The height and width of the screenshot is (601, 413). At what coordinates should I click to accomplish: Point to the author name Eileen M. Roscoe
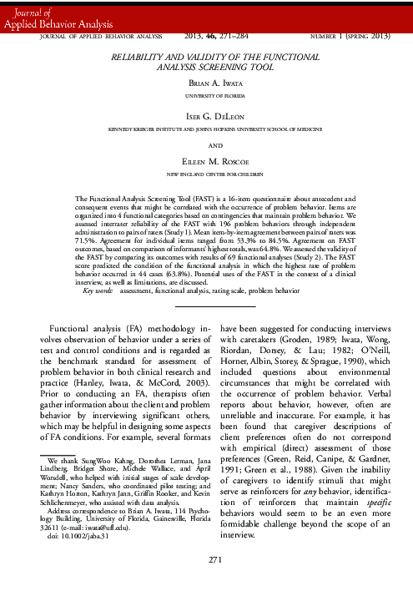pyautogui.click(x=206, y=164)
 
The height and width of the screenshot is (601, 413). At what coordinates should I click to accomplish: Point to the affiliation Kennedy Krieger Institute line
pyautogui.click(x=206, y=129)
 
